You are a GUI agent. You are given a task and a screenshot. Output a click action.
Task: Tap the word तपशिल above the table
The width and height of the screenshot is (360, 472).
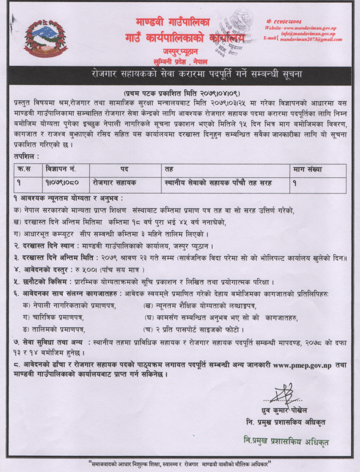(x=26, y=156)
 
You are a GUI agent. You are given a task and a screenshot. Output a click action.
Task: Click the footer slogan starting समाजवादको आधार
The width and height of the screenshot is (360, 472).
(x=180, y=463)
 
